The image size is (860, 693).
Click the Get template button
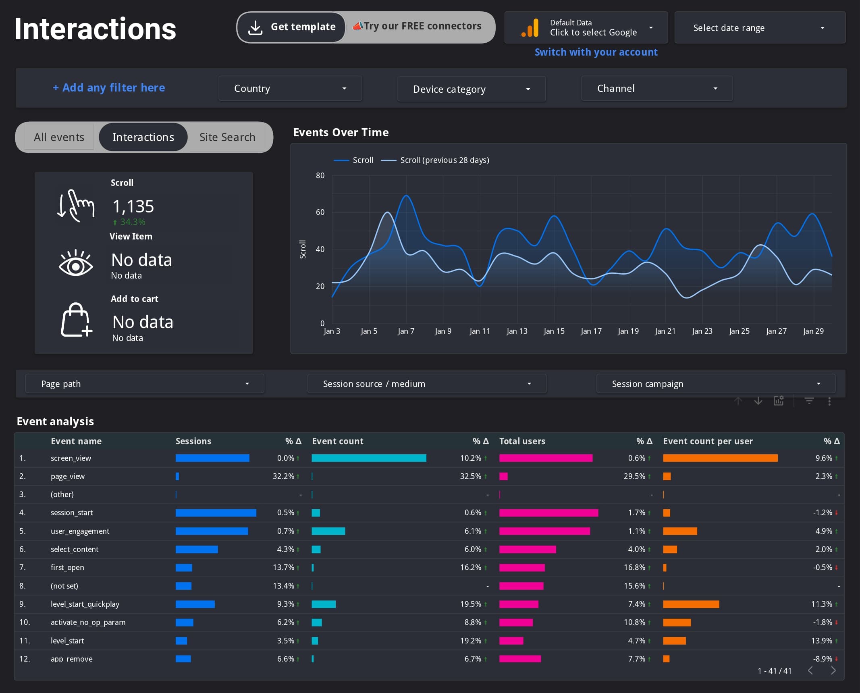(x=291, y=27)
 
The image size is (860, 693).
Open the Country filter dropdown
(x=290, y=88)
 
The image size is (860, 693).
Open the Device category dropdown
(x=471, y=89)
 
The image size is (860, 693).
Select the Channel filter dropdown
(x=656, y=88)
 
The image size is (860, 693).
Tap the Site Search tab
(x=227, y=137)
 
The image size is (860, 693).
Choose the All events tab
(x=59, y=137)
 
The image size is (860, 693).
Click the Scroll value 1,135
(x=133, y=206)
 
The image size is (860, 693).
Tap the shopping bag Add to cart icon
(x=76, y=320)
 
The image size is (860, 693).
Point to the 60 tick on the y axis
(x=320, y=212)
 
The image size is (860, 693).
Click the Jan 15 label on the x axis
(x=554, y=331)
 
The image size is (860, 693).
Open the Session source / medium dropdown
(x=426, y=384)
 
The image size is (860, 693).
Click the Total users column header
(x=522, y=441)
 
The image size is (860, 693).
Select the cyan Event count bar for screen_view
(x=368, y=458)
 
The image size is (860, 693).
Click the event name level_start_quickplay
(x=85, y=604)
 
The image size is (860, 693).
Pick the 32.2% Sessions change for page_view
(x=283, y=476)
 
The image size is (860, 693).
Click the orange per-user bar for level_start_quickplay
(x=690, y=604)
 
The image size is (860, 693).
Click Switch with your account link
(x=596, y=52)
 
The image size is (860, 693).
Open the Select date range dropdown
(x=759, y=28)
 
